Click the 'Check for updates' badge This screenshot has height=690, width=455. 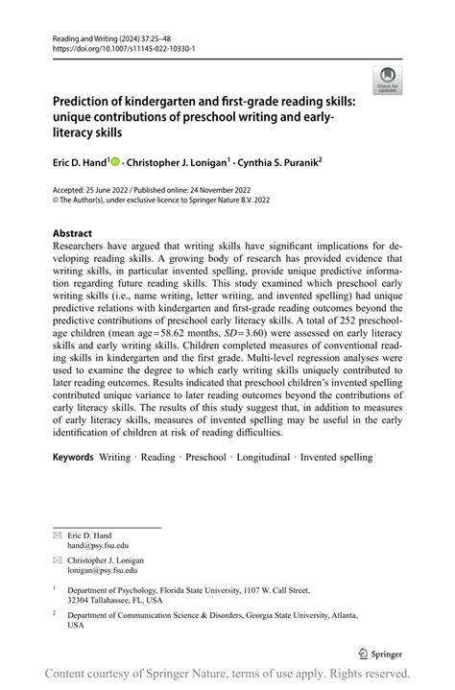pyautogui.click(x=387, y=80)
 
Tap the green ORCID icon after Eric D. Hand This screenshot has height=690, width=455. pyautogui.click(x=114, y=163)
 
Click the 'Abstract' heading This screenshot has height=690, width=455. pyautogui.click(x=72, y=234)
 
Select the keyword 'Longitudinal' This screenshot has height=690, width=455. pyautogui.click(x=262, y=458)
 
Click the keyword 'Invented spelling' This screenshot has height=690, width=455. pyautogui.click(x=336, y=458)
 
